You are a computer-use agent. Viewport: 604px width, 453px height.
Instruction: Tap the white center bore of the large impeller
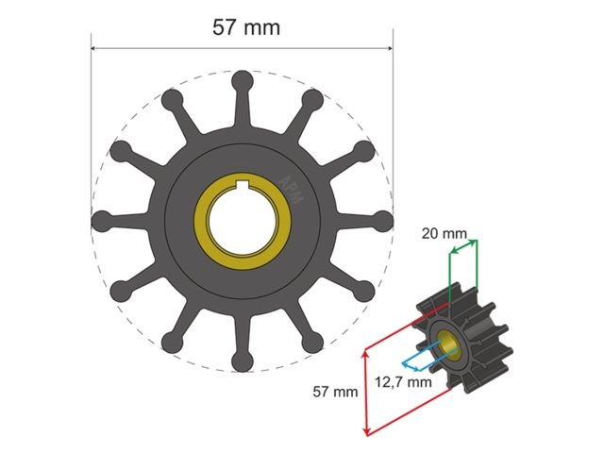point(242,221)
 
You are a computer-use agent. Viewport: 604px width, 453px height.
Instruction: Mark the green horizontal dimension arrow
point(463,247)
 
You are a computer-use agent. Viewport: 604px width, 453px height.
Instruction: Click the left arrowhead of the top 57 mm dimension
point(94,48)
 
